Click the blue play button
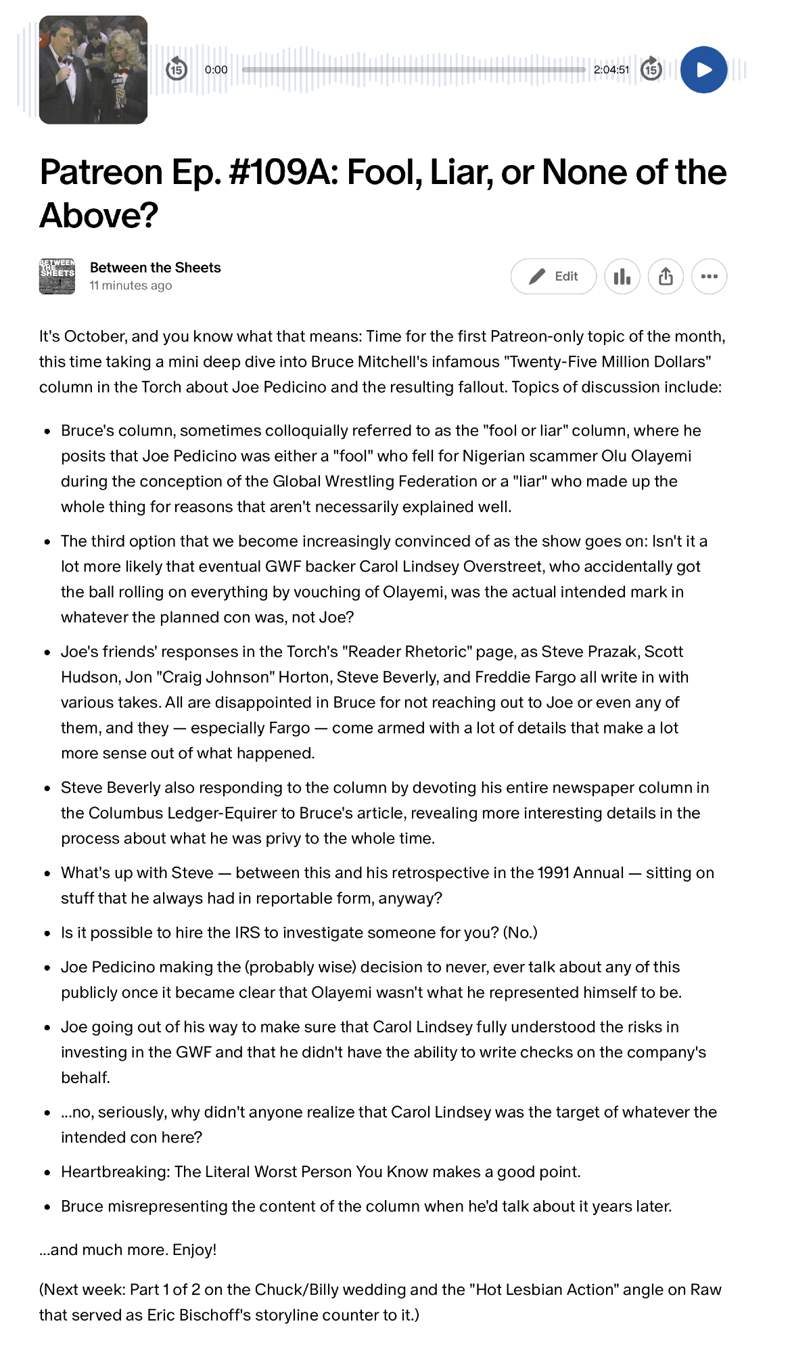(703, 70)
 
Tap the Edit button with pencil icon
(553, 277)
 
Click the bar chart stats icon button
(622, 277)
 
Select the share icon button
(666, 277)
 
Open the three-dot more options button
(709, 277)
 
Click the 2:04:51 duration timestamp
(611, 70)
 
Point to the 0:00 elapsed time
(216, 70)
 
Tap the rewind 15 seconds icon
(177, 69)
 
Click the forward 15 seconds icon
(651, 69)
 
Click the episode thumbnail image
(93, 70)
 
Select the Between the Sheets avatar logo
(57, 277)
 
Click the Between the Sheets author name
(156, 268)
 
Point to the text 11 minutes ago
(131, 285)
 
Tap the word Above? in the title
(99, 216)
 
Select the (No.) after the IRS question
(520, 933)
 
